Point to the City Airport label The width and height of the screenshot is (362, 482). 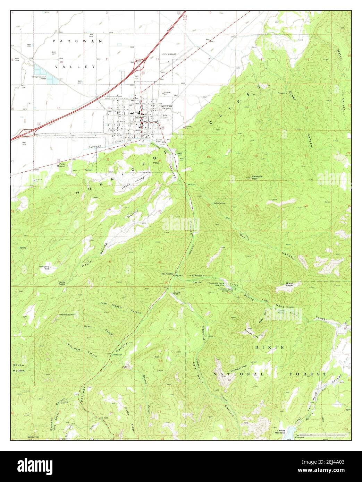[169, 54]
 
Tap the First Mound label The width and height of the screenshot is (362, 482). [62, 165]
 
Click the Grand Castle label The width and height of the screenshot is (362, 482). [289, 284]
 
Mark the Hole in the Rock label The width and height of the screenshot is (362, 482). [68, 315]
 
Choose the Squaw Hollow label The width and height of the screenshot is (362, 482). [19, 368]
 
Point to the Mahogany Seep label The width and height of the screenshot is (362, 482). [44, 267]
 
